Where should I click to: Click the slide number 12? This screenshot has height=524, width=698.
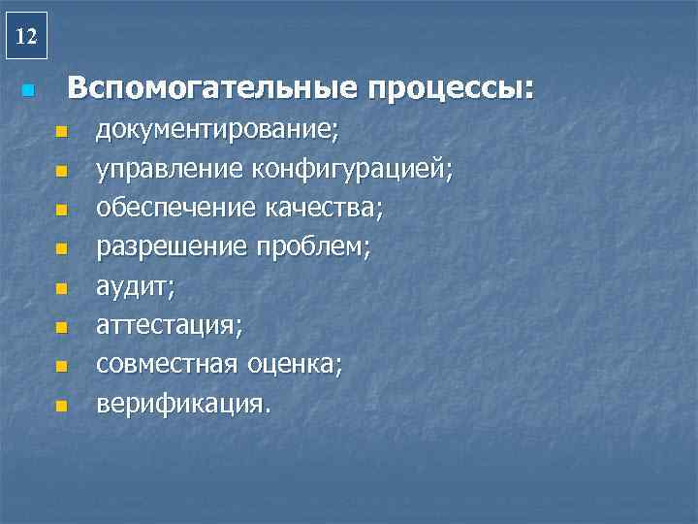pyautogui.click(x=27, y=38)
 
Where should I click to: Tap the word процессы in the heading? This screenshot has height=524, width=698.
pyautogui.click(x=450, y=91)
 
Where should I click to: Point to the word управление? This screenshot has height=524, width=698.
pyautogui.click(x=170, y=171)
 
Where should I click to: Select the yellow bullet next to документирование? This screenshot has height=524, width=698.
pyautogui.click(x=61, y=133)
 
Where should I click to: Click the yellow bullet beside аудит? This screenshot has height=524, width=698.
pyautogui.click(x=61, y=288)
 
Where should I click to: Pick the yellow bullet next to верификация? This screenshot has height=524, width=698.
pyautogui.click(x=61, y=405)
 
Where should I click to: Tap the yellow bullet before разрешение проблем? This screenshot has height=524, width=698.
pyautogui.click(x=61, y=249)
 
